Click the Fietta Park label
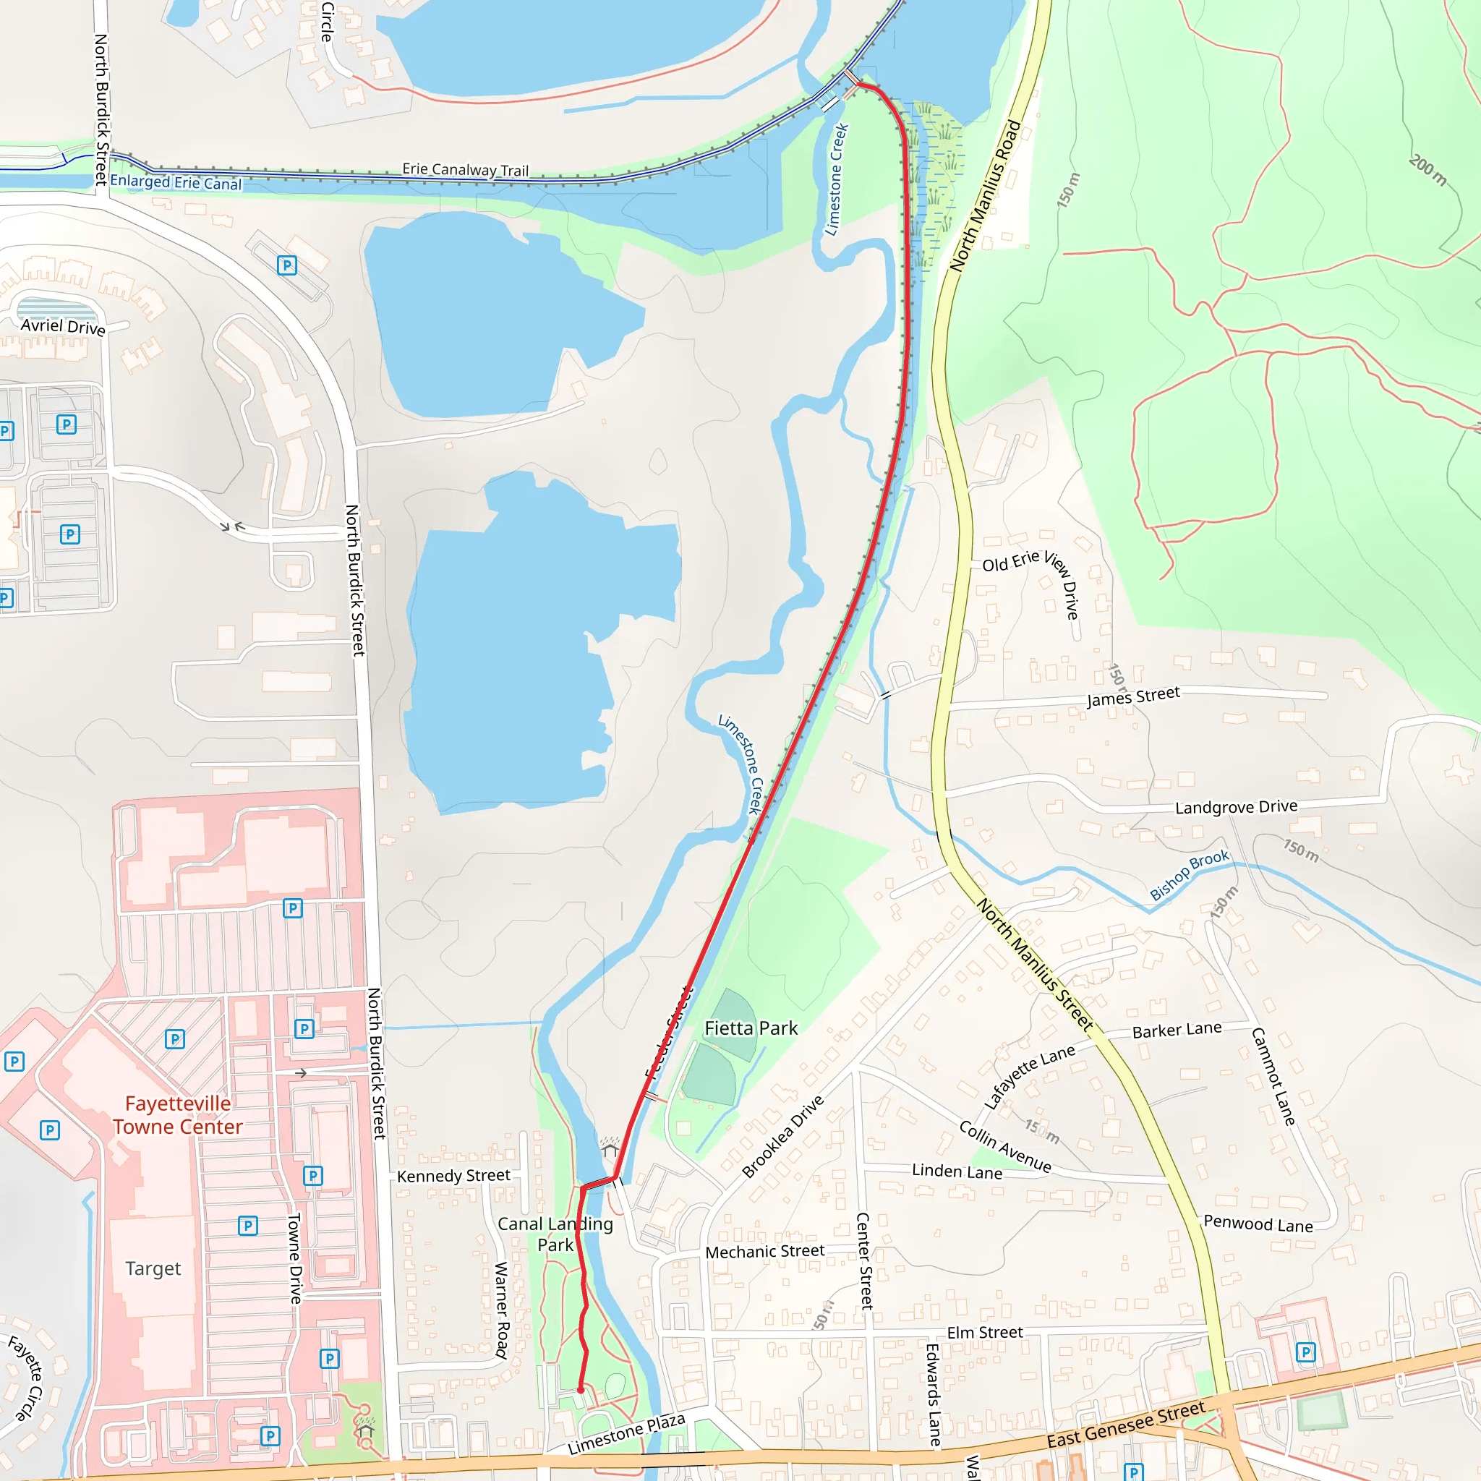point(751,1029)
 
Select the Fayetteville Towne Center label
point(178,1114)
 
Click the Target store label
point(153,1268)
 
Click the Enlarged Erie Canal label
point(176,182)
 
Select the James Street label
point(1133,697)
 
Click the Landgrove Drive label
point(1236,806)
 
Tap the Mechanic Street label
point(764,1252)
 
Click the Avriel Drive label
point(63,327)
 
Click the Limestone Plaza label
point(626,1433)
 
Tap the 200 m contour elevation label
point(1427,169)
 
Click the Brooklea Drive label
point(782,1136)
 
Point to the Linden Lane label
point(957,1171)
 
